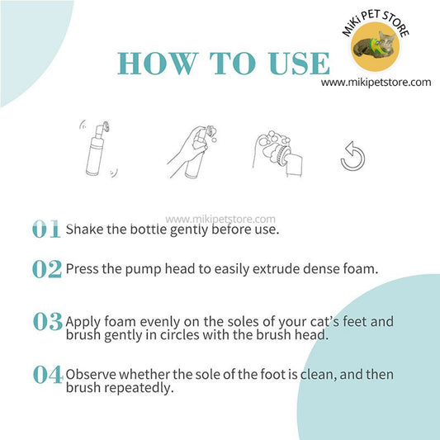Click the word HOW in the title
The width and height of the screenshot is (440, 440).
pos(157,64)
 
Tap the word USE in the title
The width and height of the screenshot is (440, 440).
pos(299,64)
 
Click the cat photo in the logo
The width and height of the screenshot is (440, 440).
pos(375,46)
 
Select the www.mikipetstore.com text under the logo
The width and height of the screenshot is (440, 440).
pos(376,83)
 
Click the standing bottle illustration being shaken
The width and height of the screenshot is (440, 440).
pos(98,149)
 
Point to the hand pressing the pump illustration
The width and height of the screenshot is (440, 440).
pos(192,152)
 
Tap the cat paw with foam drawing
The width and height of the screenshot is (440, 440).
pos(277,154)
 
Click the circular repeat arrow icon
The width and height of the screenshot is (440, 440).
pos(353,156)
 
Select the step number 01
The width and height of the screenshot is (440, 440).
pos(46,229)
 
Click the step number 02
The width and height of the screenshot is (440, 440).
pos(47,269)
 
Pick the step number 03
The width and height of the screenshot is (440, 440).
pos(47,321)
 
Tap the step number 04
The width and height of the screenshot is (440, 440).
pos(48,374)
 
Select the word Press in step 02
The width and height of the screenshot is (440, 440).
pos(82,268)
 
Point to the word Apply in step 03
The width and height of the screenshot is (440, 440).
pos(83,322)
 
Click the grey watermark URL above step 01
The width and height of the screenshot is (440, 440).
pos(220,219)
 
